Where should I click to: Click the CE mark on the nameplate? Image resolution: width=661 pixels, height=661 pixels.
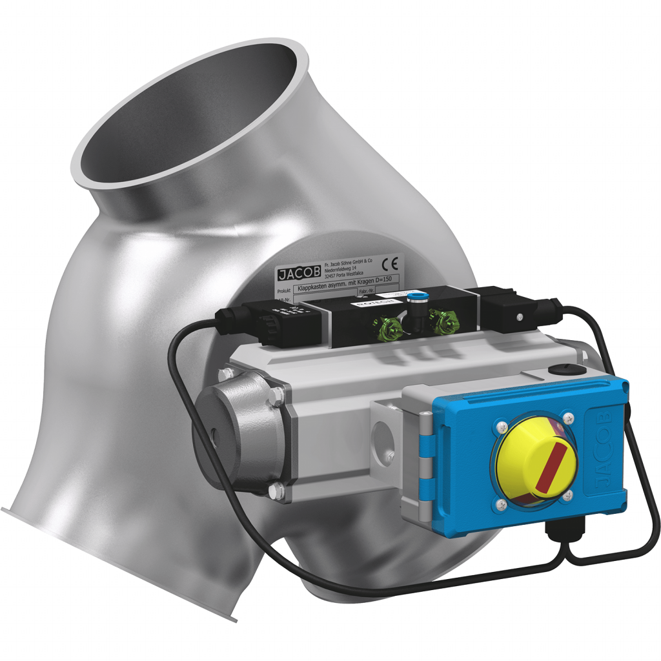pos(391,263)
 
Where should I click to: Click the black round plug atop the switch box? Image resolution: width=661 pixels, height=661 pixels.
pos(559,370)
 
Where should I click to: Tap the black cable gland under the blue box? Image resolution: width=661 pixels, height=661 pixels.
pos(558,532)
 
